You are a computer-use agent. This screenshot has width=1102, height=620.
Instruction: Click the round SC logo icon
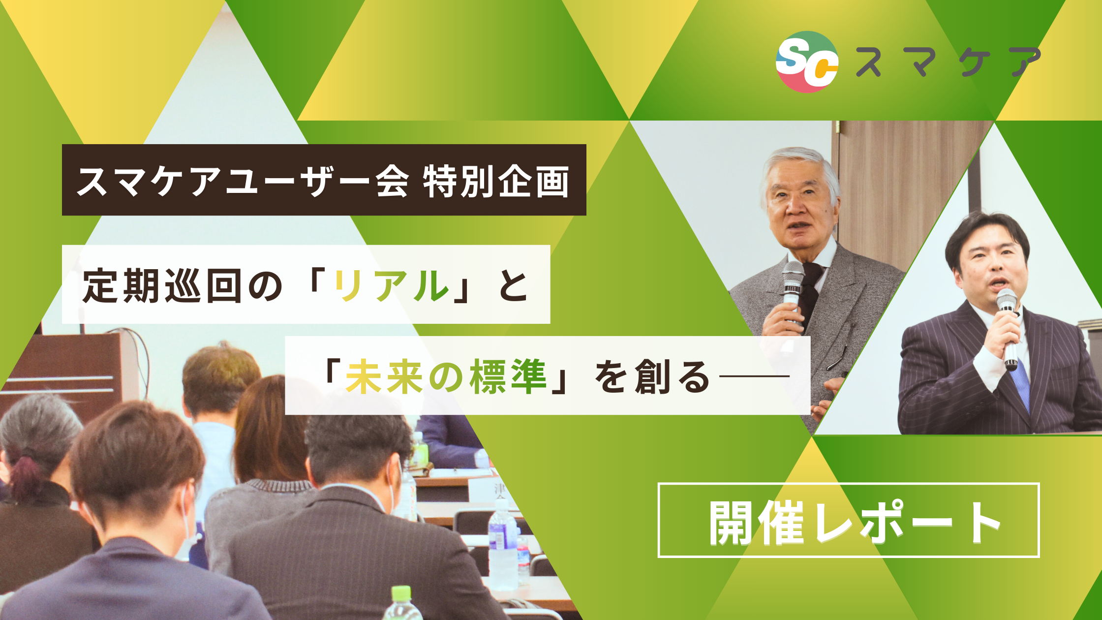pos(807,62)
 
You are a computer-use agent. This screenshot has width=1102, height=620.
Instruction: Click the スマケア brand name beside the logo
pos(948,62)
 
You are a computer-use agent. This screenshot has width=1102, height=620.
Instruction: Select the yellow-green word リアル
pos(392,285)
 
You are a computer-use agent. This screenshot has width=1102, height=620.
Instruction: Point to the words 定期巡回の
pos(182,285)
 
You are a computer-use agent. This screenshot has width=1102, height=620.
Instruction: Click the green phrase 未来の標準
pos(446,377)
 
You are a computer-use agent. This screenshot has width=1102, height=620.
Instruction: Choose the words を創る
pos(652,377)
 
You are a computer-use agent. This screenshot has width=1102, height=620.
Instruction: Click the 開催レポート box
pos(848,521)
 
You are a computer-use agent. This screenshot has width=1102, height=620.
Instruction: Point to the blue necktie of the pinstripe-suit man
pos(1021,384)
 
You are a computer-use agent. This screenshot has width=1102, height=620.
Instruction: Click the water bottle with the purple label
pos(502,546)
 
